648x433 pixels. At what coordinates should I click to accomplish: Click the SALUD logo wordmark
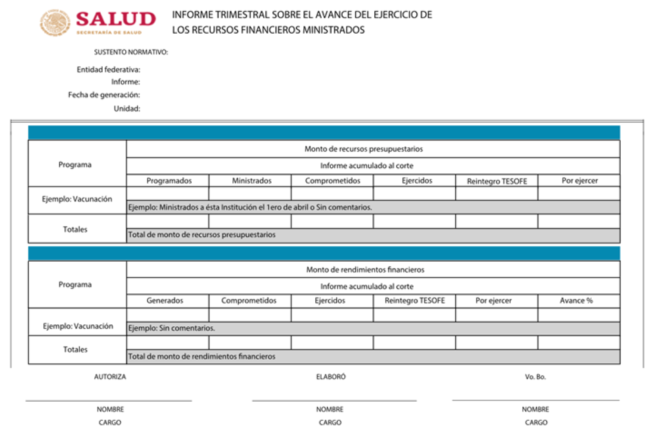tap(115, 19)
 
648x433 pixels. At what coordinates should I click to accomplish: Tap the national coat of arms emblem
tap(55, 23)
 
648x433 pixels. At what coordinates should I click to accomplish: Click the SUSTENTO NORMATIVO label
tap(131, 52)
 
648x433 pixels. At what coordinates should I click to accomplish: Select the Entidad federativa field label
tap(108, 70)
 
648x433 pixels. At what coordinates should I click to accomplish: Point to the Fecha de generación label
tap(104, 95)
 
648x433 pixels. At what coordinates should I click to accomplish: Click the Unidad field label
tap(127, 109)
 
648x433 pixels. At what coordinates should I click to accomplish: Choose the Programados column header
tap(169, 181)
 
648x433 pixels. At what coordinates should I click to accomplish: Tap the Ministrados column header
tap(251, 181)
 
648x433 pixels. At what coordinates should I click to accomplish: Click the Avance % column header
tap(576, 301)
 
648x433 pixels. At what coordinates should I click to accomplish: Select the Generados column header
tap(165, 301)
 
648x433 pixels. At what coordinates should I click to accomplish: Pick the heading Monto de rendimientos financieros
tap(365, 270)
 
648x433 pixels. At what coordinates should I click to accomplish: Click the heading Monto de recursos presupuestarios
tap(363, 149)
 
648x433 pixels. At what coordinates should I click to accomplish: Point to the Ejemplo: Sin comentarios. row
tap(171, 328)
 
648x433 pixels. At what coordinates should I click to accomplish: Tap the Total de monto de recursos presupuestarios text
tap(201, 235)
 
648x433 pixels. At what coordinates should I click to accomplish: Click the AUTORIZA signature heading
tap(110, 377)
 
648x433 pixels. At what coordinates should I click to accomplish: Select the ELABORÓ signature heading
tap(331, 377)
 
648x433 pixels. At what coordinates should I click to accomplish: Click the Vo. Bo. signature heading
tap(535, 377)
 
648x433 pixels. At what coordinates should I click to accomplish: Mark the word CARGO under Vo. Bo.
tap(536, 423)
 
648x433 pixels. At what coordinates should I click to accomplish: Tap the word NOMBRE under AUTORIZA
tap(110, 409)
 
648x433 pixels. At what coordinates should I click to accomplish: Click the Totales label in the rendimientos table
tap(75, 349)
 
